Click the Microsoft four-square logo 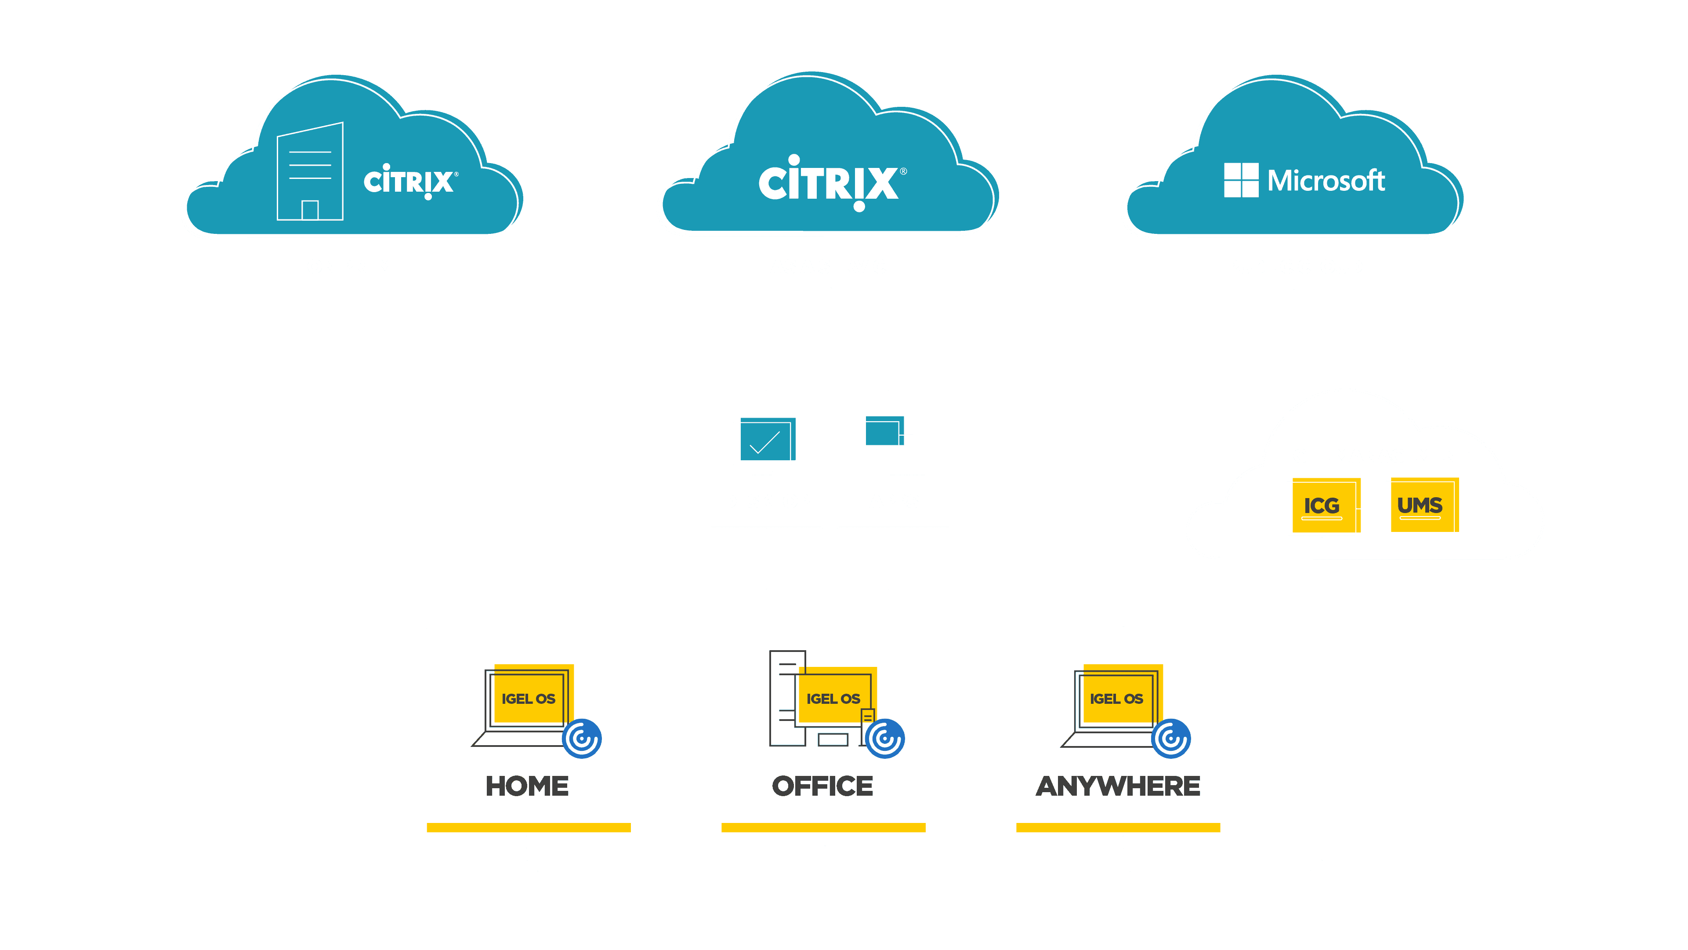1240,180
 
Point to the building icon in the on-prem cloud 310,172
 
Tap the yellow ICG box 1323,506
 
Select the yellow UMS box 1420,506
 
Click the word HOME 527,786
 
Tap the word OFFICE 822,786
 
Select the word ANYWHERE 1117,786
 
